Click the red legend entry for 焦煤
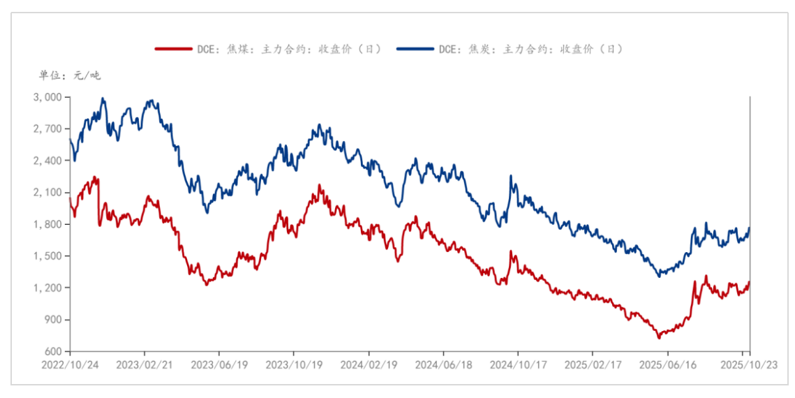coord(269,49)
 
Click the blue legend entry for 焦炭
coord(510,49)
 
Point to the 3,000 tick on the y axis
coord(47,97)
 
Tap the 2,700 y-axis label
coord(47,129)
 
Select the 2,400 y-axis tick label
coord(47,161)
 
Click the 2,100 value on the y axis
coord(47,193)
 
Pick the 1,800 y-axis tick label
coord(47,224)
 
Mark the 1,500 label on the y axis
coord(47,256)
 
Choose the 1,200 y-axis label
coord(47,288)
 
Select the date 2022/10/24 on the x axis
coord(70,364)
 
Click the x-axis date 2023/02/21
coord(144,364)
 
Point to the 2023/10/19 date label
coord(294,364)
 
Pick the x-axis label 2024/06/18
coord(443,364)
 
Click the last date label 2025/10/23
coord(749,364)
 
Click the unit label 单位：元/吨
coord(70,75)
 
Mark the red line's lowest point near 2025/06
coord(657,338)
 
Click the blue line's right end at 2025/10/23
coord(749,228)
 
